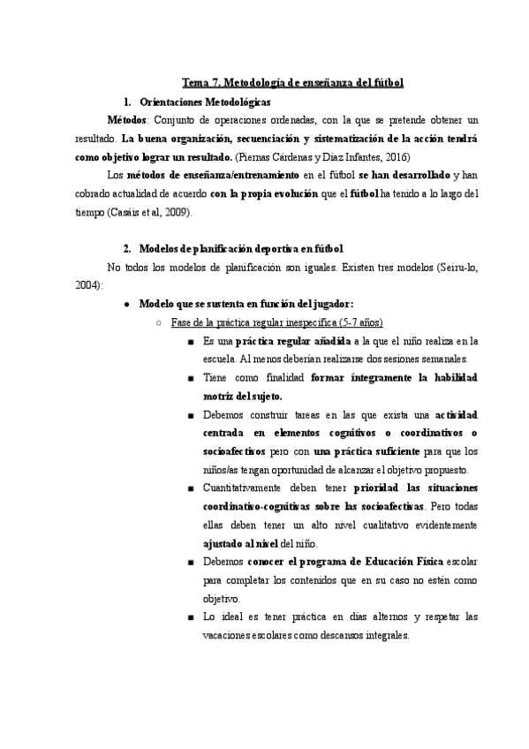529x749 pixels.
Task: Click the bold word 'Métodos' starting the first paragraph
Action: (128, 119)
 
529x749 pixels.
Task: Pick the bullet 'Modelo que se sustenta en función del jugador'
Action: (246, 303)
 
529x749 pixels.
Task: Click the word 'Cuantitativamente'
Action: (251, 488)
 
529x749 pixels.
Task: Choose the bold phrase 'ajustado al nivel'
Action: (247, 543)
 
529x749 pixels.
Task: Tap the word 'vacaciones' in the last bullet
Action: (232, 636)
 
